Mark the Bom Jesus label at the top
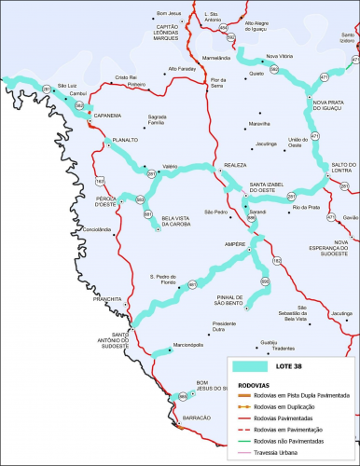click(x=168, y=14)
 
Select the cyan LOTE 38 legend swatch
click(x=253, y=367)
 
